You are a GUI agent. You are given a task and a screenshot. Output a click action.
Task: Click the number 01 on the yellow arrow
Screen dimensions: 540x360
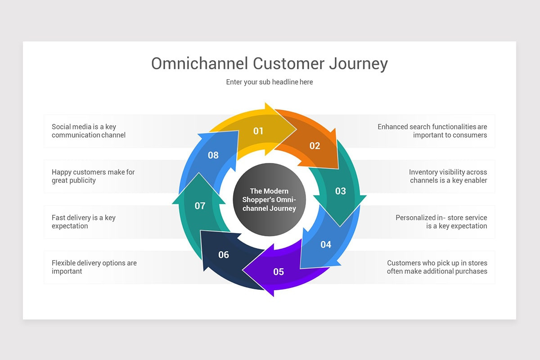258,131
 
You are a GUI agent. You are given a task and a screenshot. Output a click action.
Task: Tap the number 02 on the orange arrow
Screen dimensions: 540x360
315,146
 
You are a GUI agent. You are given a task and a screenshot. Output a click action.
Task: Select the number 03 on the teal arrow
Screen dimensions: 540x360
340,191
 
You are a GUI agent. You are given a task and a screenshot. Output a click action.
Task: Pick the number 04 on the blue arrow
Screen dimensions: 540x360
326,244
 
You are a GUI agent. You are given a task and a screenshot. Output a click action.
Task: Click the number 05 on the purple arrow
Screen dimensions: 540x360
279,272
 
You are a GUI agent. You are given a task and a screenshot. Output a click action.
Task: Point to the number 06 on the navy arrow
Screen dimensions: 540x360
224,255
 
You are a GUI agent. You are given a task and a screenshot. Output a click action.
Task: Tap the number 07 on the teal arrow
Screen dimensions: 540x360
200,206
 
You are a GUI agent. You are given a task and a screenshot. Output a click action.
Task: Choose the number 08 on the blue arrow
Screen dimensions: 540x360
213,155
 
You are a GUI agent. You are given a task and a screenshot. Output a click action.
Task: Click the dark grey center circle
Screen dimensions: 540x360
269,199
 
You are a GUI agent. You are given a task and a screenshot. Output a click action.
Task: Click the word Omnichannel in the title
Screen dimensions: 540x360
200,63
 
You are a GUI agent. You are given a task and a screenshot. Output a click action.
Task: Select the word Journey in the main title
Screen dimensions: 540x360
359,64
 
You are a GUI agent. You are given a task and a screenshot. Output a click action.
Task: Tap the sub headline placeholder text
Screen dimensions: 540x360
269,82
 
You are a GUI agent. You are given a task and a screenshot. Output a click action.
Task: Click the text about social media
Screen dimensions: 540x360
89,130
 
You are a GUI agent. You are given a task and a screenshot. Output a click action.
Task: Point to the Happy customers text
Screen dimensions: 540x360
93,176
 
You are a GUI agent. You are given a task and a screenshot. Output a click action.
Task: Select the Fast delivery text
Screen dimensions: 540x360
84,221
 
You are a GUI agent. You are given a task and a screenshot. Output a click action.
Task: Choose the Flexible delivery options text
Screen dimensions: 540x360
94,267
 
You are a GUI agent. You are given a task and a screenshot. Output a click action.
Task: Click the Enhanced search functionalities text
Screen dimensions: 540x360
432,130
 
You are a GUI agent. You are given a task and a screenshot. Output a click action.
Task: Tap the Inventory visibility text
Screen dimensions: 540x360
448,176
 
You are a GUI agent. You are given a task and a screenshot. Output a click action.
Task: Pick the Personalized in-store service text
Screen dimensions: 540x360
441,221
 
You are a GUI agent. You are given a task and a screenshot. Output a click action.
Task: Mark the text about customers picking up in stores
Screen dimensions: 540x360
437,267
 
